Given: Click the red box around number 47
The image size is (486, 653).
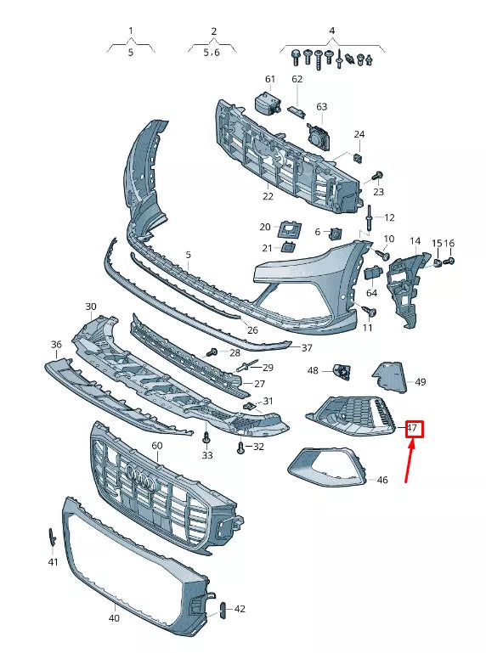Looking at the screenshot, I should pyautogui.click(x=413, y=428).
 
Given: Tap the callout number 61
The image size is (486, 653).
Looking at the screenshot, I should pyautogui.click(x=270, y=79).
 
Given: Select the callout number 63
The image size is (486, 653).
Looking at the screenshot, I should pyautogui.click(x=321, y=107).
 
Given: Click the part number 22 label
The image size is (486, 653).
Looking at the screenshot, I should pyautogui.click(x=268, y=196).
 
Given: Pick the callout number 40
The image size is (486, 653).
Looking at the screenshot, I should pyautogui.click(x=114, y=618).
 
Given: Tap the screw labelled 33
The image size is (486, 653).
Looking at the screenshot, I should pyautogui.click(x=206, y=439).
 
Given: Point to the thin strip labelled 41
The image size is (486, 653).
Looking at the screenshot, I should pyautogui.click(x=51, y=538).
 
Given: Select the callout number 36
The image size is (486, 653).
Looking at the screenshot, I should pyautogui.click(x=56, y=344).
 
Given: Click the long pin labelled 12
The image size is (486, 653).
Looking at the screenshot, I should pyautogui.click(x=371, y=218).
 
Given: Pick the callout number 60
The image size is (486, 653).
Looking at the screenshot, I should pyautogui.click(x=156, y=446).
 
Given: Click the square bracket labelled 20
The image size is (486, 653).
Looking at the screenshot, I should pyautogui.click(x=290, y=228).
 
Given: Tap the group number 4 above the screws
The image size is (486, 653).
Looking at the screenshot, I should pyautogui.click(x=331, y=31).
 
